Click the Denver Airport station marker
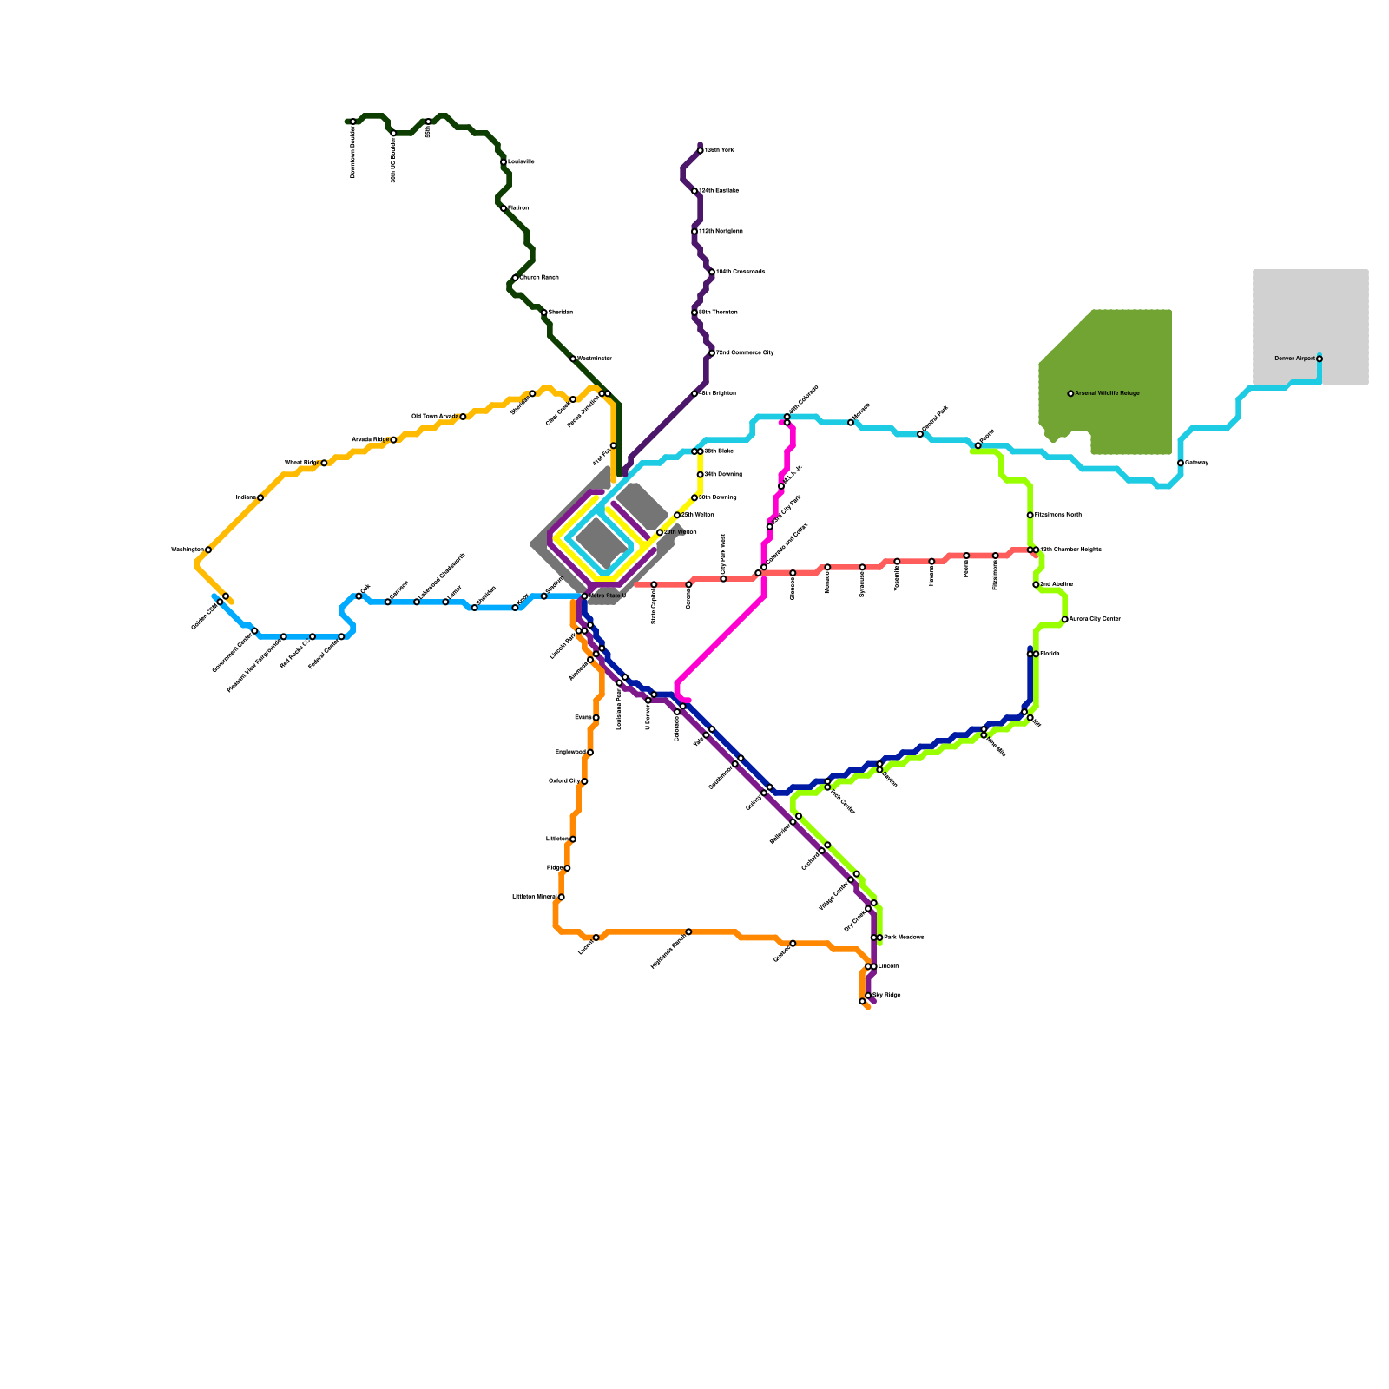1319,359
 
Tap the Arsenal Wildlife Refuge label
1107,393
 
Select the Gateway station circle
1181,463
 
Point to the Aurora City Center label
1095,619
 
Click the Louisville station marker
504,162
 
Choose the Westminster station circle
573,359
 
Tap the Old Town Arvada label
434,417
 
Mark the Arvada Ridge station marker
393,440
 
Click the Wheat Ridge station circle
324,463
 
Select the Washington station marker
208,550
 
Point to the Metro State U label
607,596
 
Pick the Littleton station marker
573,839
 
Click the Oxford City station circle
584,781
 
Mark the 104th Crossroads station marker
712,272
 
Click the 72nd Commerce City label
744,353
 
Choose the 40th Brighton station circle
694,393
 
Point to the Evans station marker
596,718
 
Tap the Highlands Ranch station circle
688,931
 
